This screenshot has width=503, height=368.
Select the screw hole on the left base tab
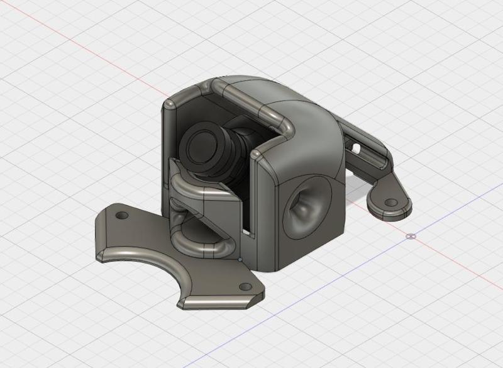click(122, 215)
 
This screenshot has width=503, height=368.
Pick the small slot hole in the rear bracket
click(357, 150)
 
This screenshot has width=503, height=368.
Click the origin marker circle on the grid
click(411, 237)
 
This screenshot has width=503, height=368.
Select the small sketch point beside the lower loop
click(240, 259)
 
